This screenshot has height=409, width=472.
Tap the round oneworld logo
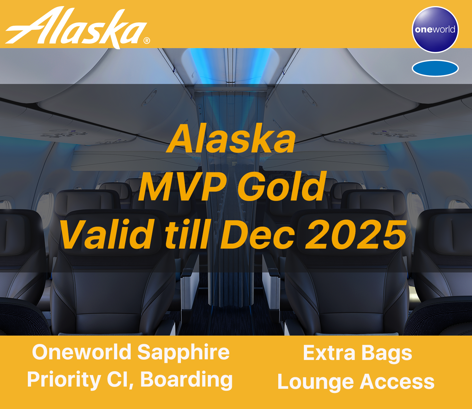click(x=435, y=29)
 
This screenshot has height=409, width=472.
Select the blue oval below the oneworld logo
click(x=435, y=68)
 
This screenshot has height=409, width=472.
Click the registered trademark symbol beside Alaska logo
click(x=147, y=41)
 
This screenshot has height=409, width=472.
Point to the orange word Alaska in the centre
click(x=231, y=138)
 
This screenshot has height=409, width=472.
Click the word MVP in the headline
click(x=182, y=186)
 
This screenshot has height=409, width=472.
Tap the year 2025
click(x=356, y=234)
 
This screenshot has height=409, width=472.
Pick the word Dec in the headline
click(x=257, y=234)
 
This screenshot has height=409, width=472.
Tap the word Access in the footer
click(x=397, y=381)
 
